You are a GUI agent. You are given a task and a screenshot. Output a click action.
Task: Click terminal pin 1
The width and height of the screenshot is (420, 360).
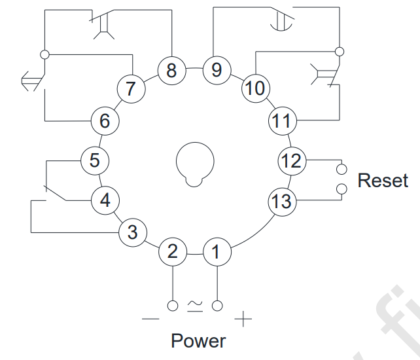[217, 252]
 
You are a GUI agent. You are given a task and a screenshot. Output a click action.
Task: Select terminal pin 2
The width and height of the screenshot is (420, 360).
[173, 252]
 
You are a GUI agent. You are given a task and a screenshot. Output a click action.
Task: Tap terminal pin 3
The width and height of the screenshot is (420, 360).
[133, 232]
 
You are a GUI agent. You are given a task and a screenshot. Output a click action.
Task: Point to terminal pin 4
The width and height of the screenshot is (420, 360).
[105, 200]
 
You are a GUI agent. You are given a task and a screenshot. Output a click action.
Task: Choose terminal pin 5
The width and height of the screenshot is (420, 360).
[95, 160]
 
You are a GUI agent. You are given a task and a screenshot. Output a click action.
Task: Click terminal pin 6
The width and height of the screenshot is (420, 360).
[105, 121]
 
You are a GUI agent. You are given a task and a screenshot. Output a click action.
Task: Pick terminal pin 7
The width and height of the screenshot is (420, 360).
[131, 89]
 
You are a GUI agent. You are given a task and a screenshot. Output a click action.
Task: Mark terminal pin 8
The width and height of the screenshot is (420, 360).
[171, 71]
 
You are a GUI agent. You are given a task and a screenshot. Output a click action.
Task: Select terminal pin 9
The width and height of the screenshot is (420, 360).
[217, 70]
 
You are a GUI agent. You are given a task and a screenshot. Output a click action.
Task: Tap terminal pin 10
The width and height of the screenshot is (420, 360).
[256, 88]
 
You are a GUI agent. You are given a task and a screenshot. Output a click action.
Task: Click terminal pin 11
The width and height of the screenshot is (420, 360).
[283, 121]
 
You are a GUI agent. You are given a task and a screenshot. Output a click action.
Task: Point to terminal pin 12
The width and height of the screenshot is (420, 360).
[292, 161]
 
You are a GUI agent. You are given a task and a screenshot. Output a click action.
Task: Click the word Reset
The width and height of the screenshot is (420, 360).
[383, 180]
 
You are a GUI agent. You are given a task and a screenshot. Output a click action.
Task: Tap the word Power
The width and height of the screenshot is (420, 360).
[198, 341]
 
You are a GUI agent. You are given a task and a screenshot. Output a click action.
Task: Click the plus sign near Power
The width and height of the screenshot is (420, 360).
[243, 319]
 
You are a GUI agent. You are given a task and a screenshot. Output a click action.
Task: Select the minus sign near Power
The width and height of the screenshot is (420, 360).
[150, 319]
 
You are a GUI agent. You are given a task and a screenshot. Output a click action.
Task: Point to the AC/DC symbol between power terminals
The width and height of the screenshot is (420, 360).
[195, 306]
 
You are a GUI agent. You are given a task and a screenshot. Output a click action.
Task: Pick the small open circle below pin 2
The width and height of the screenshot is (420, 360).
[173, 306]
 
